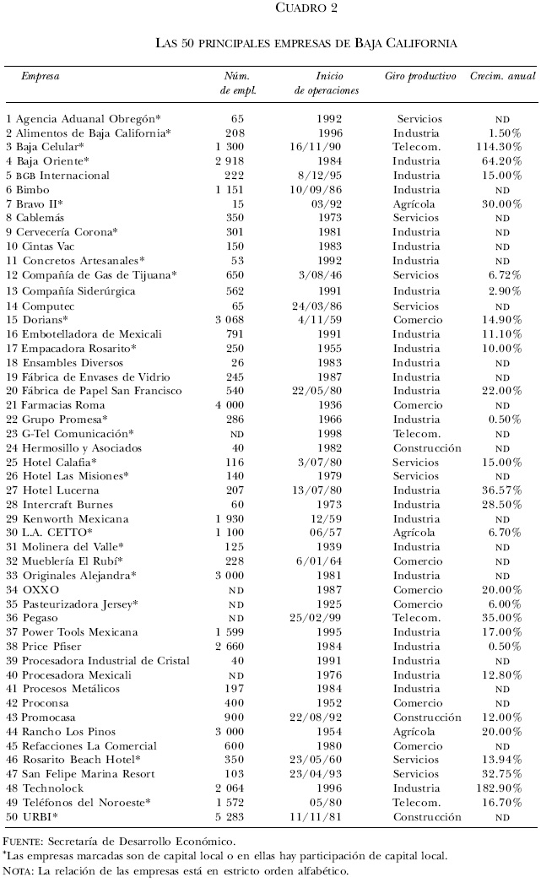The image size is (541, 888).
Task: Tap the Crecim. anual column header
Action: pyautogui.click(x=503, y=76)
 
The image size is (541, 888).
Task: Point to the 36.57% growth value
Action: pyautogui.click(x=504, y=490)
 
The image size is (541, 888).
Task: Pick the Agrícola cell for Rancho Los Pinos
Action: pyautogui.click(x=414, y=732)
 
